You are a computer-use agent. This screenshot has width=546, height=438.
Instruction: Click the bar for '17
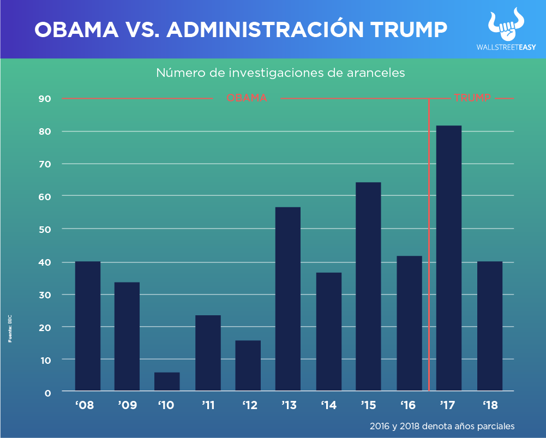click(x=449, y=258)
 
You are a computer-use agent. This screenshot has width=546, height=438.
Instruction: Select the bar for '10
click(x=167, y=381)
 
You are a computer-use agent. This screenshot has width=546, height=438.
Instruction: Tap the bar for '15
click(x=368, y=286)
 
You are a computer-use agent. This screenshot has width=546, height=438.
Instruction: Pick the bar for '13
click(x=288, y=299)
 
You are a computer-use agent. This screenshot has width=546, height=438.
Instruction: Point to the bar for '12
click(x=248, y=365)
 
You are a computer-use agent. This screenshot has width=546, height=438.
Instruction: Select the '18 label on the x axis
click(x=489, y=405)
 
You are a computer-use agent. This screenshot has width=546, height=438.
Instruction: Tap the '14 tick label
click(x=328, y=405)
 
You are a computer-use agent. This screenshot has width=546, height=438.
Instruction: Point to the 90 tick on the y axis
click(x=44, y=99)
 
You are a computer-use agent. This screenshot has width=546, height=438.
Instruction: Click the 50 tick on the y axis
click(x=44, y=229)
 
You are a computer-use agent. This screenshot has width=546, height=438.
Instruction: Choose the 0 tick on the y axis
click(x=47, y=392)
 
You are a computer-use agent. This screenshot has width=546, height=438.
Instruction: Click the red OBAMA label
click(x=247, y=98)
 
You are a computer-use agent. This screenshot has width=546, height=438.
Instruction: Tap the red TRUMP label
click(x=472, y=98)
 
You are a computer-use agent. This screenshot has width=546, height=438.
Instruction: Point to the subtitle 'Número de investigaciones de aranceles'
click(x=280, y=73)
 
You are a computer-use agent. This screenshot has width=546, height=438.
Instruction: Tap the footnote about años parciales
click(x=441, y=425)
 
